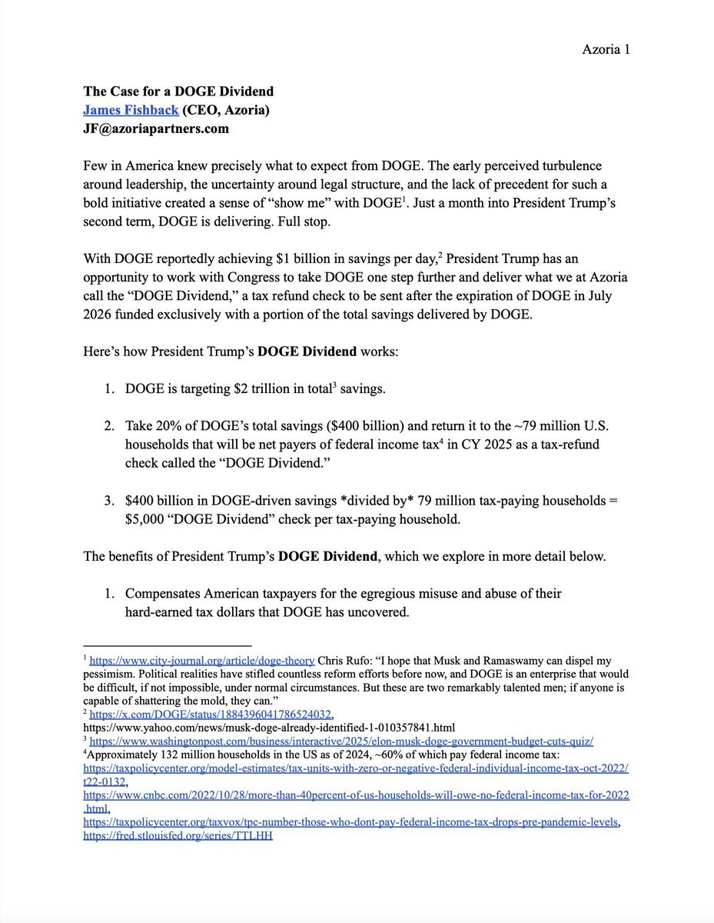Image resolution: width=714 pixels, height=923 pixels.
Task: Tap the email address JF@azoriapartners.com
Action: (x=156, y=128)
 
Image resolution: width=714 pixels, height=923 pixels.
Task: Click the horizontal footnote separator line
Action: (x=168, y=646)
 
